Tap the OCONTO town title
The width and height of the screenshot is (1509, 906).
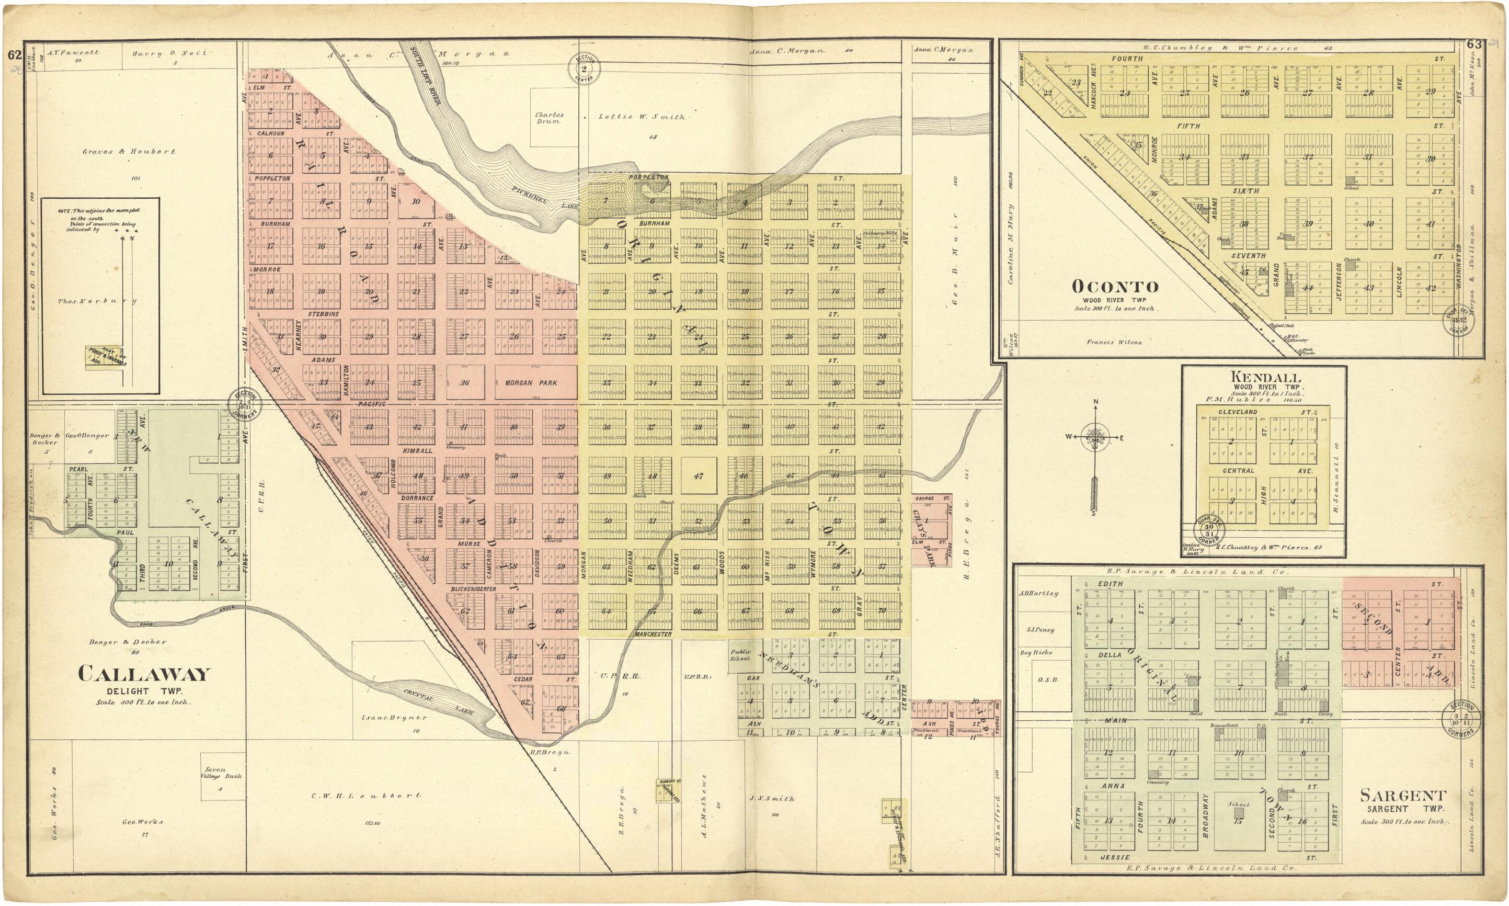pyautogui.click(x=1115, y=286)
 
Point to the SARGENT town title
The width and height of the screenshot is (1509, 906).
pyautogui.click(x=1403, y=796)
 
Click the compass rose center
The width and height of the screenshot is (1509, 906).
pyautogui.click(x=1096, y=437)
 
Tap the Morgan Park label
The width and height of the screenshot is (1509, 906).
pyautogui.click(x=531, y=383)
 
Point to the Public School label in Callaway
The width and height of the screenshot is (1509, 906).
pyautogui.click(x=740, y=655)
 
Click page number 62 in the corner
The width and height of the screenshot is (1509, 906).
pyautogui.click(x=15, y=55)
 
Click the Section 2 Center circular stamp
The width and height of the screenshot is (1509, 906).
pyautogui.click(x=585, y=69)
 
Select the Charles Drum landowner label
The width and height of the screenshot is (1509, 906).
pyautogui.click(x=549, y=117)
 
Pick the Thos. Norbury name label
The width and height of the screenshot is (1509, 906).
pyautogui.click(x=97, y=301)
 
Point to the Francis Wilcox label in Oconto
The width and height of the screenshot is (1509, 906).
pyautogui.click(x=1114, y=343)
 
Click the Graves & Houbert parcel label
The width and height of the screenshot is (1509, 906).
pyautogui.click(x=129, y=151)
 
